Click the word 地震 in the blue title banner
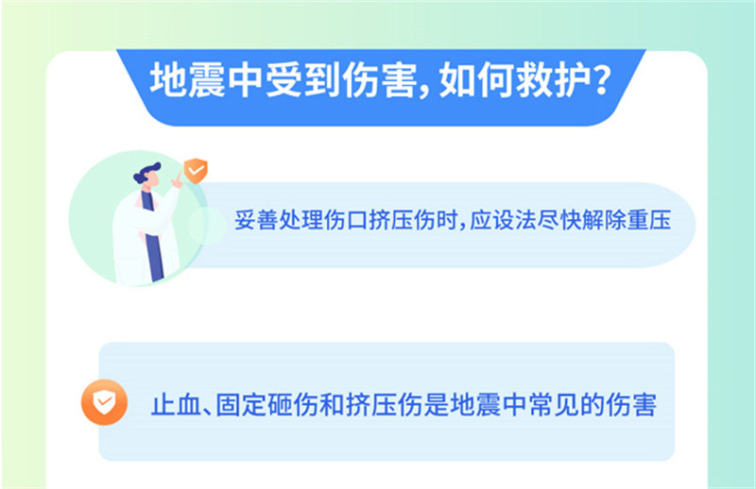(x=187, y=80)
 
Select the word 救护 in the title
(x=553, y=80)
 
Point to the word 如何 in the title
(x=476, y=80)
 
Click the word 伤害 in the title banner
(x=380, y=80)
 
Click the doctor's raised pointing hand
(x=177, y=180)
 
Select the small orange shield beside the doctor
(x=196, y=171)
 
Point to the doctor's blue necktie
(x=153, y=236)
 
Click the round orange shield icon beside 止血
(x=104, y=402)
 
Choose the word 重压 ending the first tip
(x=649, y=221)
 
